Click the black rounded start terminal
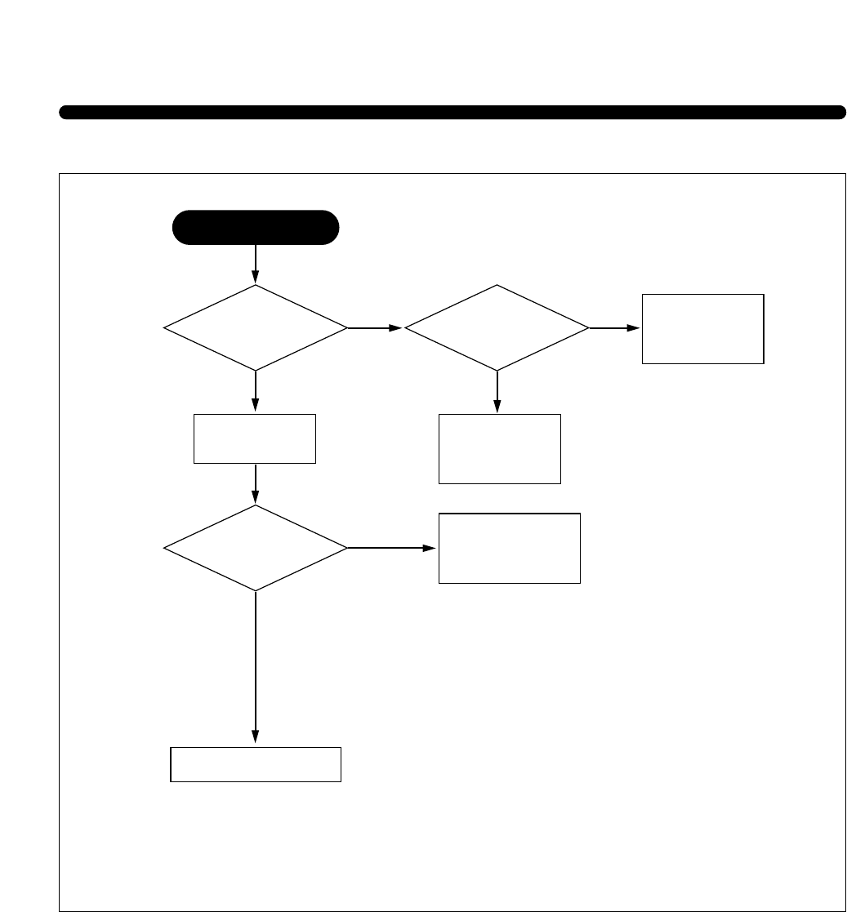coord(256,228)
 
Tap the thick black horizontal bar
coord(452,113)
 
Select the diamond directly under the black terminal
coord(256,327)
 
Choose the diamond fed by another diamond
coord(497,327)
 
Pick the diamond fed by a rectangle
coord(256,548)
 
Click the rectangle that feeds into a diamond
coord(255,439)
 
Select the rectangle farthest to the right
coord(702,328)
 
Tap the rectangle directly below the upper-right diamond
coord(500,449)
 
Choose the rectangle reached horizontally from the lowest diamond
coord(509,548)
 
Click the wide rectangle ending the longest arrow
coord(255,764)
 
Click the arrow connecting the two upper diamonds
coord(375,328)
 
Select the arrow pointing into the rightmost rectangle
coord(614,328)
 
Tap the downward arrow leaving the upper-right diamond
coord(497,392)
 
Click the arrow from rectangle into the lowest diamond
coord(256,484)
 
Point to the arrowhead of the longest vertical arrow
coord(256,737)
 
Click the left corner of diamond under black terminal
coord(165,328)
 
